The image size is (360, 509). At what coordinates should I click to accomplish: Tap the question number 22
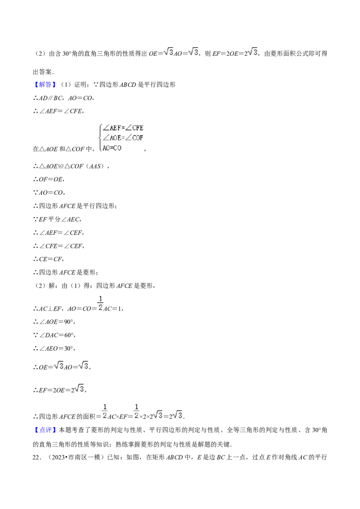[x=36, y=457]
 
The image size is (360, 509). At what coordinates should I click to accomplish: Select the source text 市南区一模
[x=84, y=457]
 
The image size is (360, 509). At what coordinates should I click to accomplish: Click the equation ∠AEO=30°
[x=57, y=348]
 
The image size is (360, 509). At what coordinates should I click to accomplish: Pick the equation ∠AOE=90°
[x=57, y=321]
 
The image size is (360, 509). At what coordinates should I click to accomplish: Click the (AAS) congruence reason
[x=96, y=166]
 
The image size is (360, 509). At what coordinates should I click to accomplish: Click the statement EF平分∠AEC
[x=60, y=219]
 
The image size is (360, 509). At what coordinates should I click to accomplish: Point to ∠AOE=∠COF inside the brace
[x=123, y=138]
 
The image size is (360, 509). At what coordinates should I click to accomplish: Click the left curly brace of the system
[x=100, y=138]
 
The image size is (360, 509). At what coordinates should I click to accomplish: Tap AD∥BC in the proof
[x=51, y=98]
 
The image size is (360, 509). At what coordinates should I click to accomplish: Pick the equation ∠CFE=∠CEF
[x=61, y=246]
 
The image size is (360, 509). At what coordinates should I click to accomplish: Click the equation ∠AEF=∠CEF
[x=61, y=233]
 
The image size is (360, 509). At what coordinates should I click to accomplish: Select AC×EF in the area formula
[x=117, y=416]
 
